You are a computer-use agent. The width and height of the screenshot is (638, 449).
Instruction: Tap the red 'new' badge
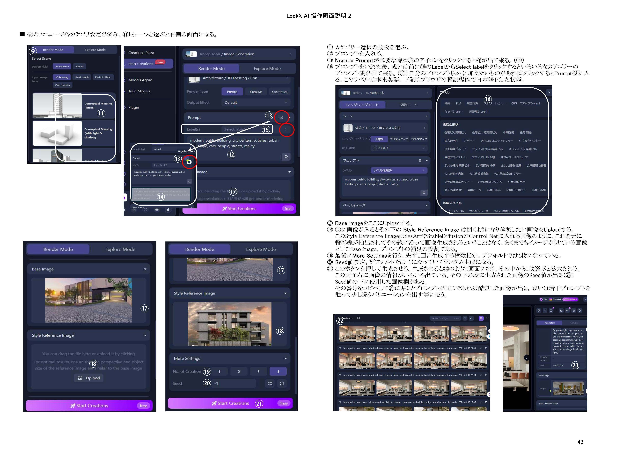coord(160,62)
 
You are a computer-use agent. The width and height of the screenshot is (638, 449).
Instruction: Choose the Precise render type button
coord(232,92)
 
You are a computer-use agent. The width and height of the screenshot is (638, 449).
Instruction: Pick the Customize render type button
coord(280,92)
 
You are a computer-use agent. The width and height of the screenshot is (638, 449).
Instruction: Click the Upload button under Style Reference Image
coord(89,378)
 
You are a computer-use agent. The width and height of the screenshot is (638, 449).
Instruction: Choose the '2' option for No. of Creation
coord(239,371)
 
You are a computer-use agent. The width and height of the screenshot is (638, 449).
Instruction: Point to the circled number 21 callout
coord(259,403)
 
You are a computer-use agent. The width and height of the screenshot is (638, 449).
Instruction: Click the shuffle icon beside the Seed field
coord(270,383)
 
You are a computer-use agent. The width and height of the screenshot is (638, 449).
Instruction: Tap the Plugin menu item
coord(134,107)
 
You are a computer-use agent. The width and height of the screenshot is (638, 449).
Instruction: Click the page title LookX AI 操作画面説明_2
coord(319,16)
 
